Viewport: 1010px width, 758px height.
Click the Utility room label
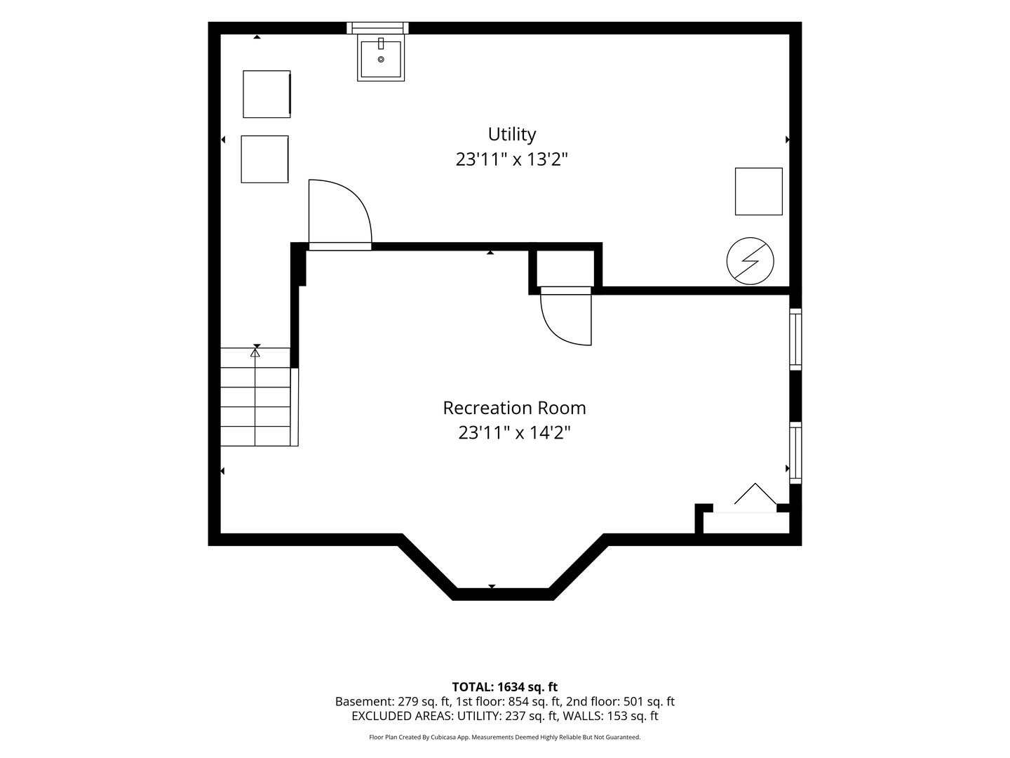[512, 134]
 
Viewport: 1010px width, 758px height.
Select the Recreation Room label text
[514, 408]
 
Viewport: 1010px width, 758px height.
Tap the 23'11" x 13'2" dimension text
[512, 160]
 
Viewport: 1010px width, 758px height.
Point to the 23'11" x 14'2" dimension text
[514, 432]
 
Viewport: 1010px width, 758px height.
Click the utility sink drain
[381, 60]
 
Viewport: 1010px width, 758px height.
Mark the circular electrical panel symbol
[750, 261]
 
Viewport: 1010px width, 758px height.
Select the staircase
[260, 397]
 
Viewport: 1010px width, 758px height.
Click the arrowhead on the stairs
[255, 352]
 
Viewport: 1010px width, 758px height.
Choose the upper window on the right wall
[795, 339]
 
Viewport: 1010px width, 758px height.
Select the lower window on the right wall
[795, 453]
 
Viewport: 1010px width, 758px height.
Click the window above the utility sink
[377, 28]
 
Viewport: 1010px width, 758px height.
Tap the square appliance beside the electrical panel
[759, 192]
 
